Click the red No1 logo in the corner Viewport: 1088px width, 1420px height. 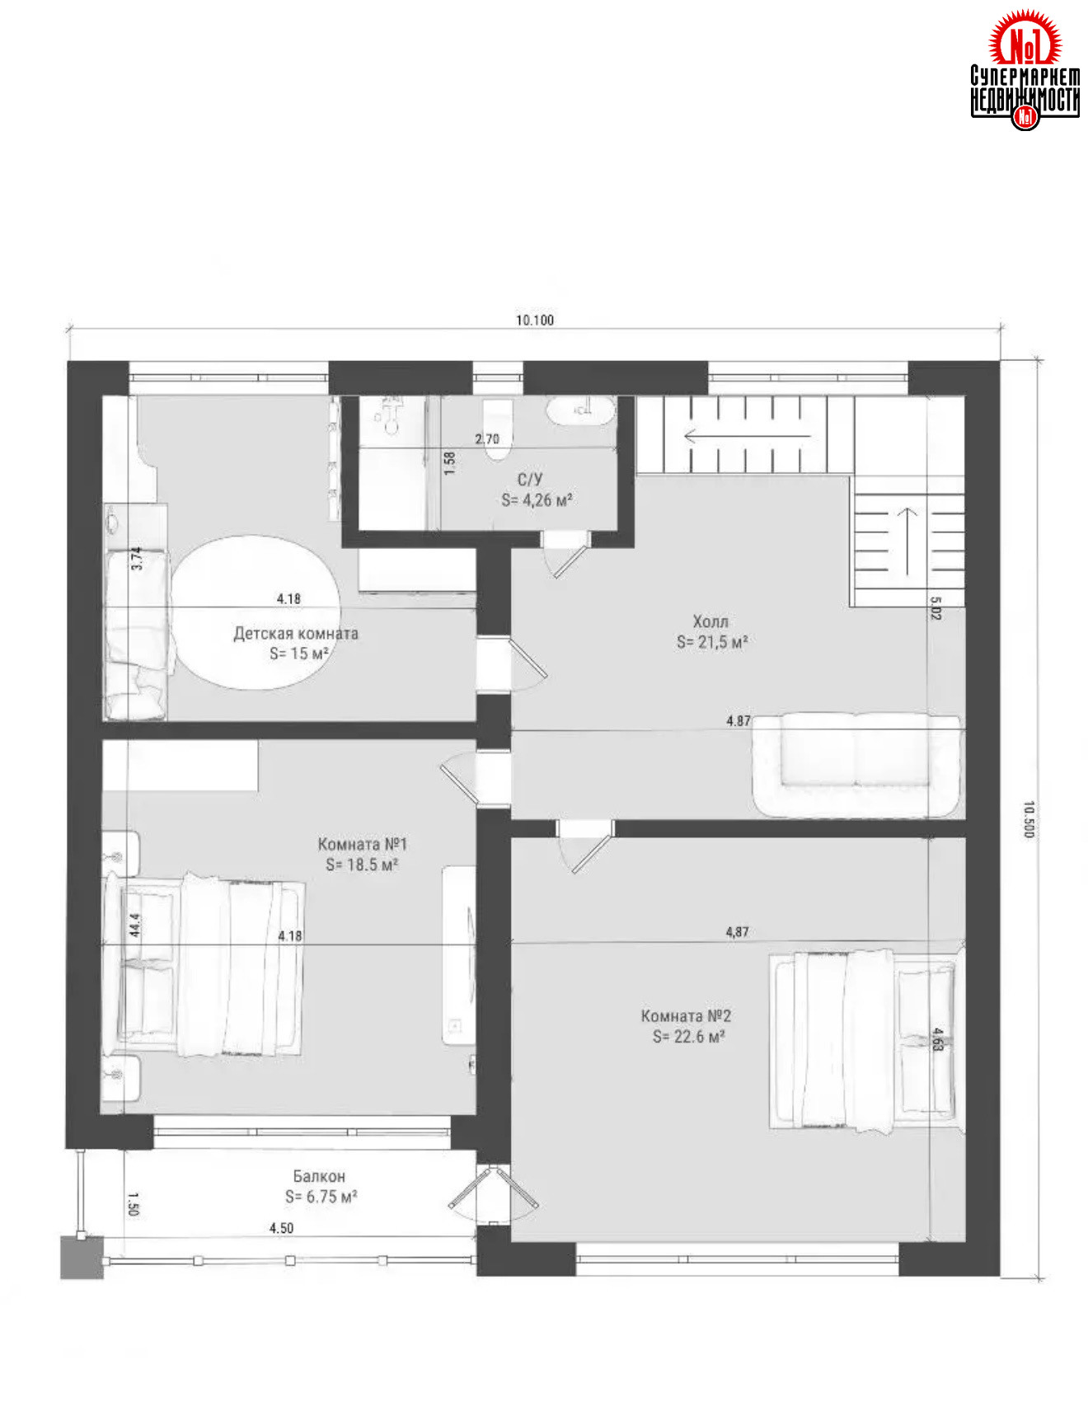pos(1025,69)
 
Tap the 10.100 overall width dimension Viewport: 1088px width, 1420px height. pos(535,320)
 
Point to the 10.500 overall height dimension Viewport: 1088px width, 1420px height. pos(1028,819)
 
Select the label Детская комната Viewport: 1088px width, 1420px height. pos(296,634)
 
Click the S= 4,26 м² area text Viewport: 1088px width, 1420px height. pos(537,499)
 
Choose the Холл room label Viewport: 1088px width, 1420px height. pos(710,621)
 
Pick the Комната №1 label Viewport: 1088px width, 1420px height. pos(363,844)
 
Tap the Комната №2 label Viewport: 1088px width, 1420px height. pos(687,1016)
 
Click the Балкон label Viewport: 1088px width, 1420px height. pos(319,1176)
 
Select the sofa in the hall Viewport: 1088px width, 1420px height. pos(856,765)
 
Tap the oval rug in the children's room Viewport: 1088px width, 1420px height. pos(256,613)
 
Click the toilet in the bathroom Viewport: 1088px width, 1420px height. pos(497,429)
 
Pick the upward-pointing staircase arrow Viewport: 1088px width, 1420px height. pos(907,541)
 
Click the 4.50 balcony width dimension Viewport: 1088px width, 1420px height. pos(281,1228)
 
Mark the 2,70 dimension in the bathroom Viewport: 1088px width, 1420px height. pos(487,438)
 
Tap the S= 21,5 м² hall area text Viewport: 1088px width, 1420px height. pos(712,642)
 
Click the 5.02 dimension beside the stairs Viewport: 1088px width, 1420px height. pos(936,608)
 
